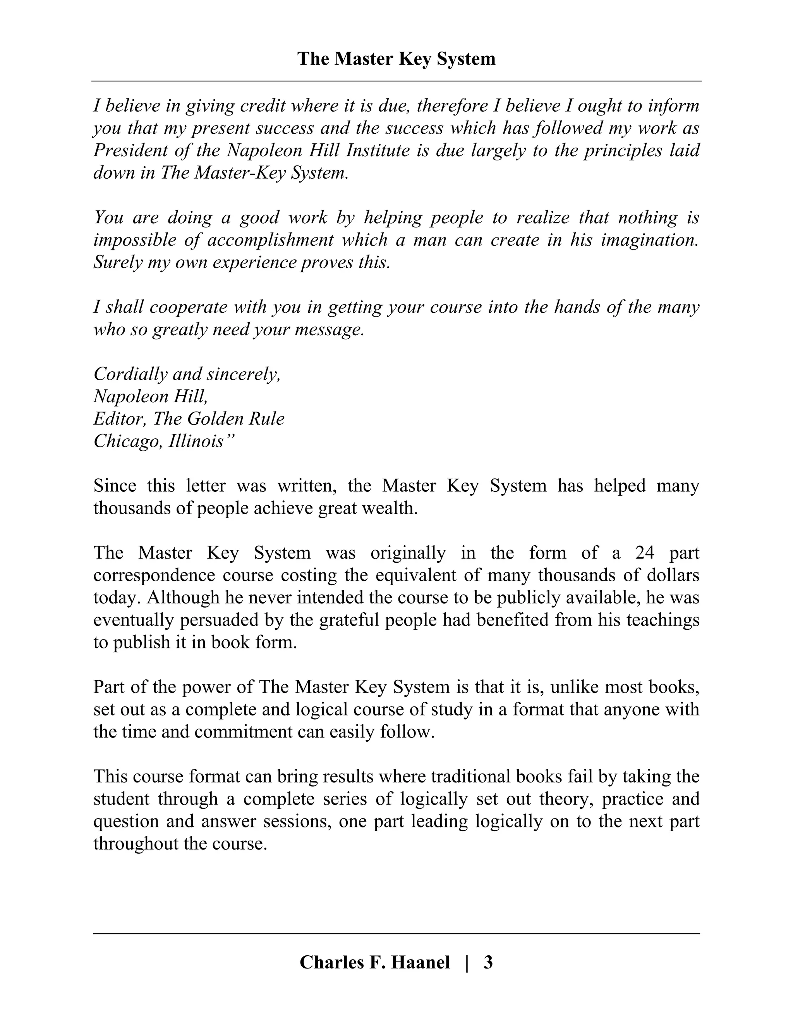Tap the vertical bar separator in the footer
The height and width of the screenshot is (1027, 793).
coord(467,963)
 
